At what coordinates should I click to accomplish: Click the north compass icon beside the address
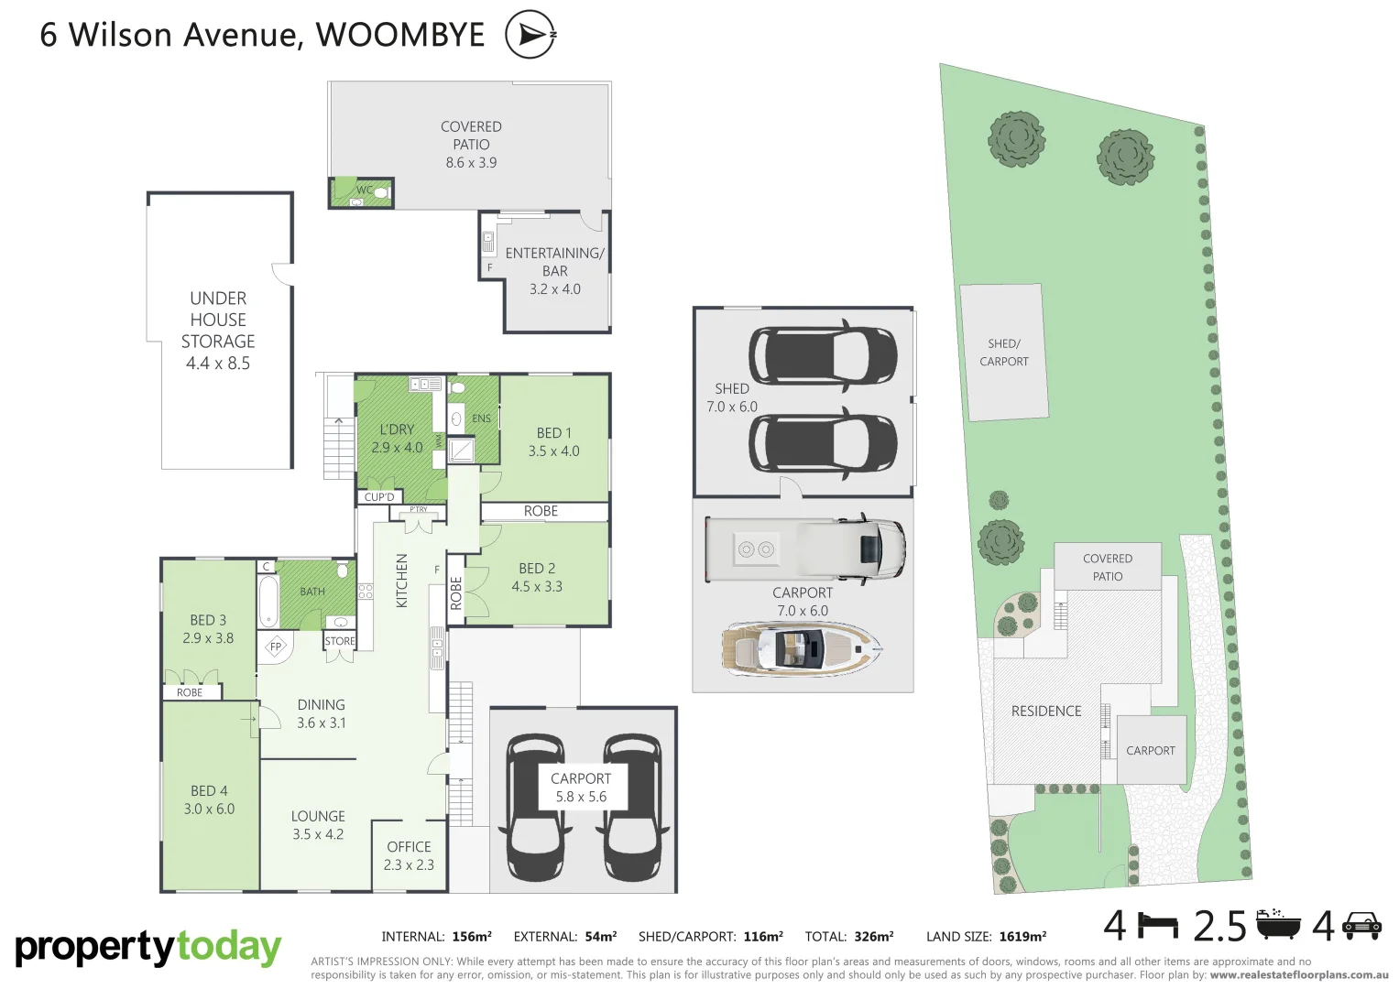(x=530, y=35)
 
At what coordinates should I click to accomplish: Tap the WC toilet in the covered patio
(x=381, y=193)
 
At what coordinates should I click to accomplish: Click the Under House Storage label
(x=218, y=330)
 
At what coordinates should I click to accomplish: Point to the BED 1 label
(x=553, y=433)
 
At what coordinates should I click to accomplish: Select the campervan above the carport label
(x=804, y=549)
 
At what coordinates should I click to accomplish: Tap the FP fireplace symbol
(x=276, y=647)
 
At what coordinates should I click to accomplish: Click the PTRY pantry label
(x=419, y=509)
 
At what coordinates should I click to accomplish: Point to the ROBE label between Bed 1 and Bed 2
(x=541, y=511)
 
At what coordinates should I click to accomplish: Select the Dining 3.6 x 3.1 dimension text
(x=321, y=723)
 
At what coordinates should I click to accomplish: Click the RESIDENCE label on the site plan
(x=1046, y=711)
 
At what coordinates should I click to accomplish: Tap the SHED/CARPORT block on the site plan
(x=1003, y=353)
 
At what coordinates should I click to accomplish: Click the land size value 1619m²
(x=1022, y=937)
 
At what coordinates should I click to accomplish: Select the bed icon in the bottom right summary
(x=1158, y=927)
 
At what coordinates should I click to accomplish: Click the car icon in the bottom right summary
(x=1361, y=927)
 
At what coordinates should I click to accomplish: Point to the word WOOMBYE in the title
(x=400, y=35)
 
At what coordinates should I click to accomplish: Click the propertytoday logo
(x=148, y=948)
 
